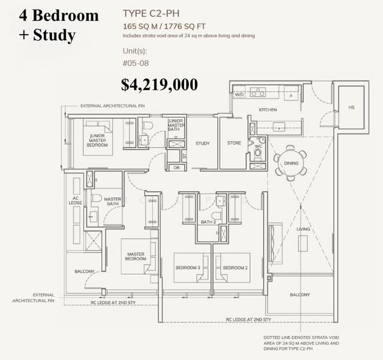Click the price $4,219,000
(x=159, y=85)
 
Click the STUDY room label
(x=202, y=143)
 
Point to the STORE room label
(x=234, y=143)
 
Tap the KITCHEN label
(x=267, y=110)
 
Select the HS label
(x=351, y=108)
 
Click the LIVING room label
(x=303, y=229)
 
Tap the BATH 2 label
(x=208, y=222)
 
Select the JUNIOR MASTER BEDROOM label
(x=94, y=140)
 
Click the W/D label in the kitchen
(x=239, y=94)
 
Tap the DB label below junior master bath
(x=176, y=167)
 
